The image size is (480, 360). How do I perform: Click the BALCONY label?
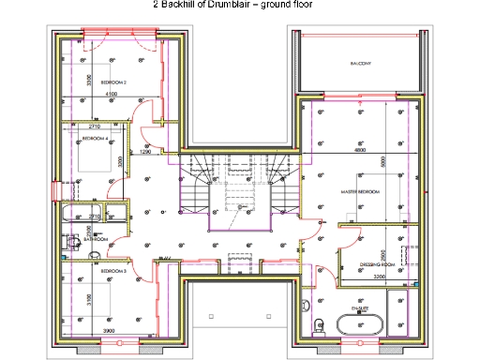click(361, 63)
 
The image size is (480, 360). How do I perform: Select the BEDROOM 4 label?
click(95, 139)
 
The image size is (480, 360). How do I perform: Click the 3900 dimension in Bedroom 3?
click(109, 332)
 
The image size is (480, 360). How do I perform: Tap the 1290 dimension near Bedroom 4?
click(145, 151)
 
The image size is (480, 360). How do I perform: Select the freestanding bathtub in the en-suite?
click(361, 325)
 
